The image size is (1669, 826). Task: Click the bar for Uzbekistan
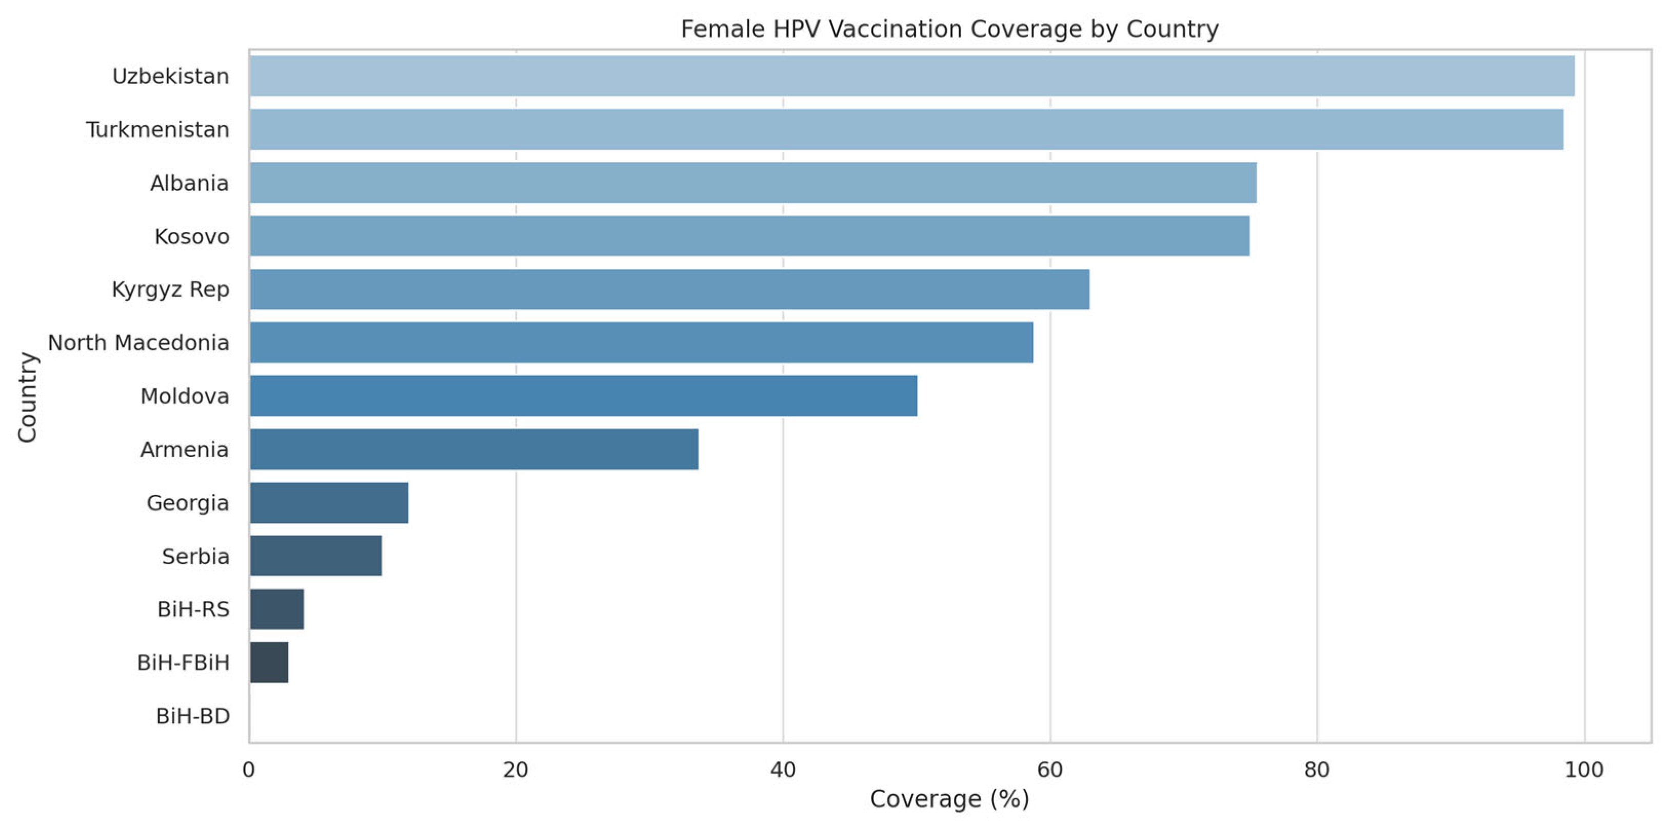point(911,76)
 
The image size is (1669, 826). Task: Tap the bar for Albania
point(753,183)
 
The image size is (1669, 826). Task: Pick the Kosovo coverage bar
point(749,236)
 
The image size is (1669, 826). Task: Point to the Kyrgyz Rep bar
point(669,289)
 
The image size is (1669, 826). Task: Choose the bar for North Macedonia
point(642,342)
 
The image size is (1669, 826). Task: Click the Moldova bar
point(583,395)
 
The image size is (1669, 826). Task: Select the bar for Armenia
point(473,449)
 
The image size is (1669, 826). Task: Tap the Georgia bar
point(329,502)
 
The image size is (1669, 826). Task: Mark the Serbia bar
point(315,555)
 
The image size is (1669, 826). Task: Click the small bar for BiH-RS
point(276,609)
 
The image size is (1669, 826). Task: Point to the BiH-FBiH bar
point(269,662)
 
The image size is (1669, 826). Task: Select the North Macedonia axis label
point(138,343)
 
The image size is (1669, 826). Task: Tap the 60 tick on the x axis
point(1049,770)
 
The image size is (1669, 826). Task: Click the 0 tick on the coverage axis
point(249,770)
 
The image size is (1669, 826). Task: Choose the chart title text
point(949,29)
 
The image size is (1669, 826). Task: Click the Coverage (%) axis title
point(949,799)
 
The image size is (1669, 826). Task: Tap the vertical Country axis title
point(27,397)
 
